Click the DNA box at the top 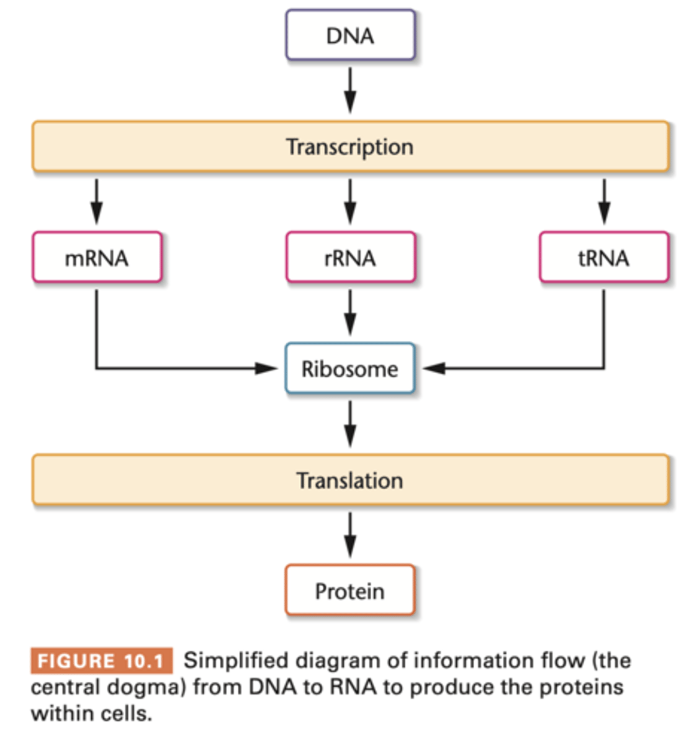pos(350,35)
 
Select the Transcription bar pos(350,147)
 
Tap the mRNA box pos(97,258)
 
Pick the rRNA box pos(350,258)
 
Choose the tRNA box pos(604,258)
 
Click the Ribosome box pos(350,369)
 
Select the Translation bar pos(350,480)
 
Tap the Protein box pos(350,590)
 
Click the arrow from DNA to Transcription pos(350,90)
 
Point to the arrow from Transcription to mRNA pos(96,202)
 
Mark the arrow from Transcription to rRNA pos(350,202)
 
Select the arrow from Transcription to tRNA pos(604,202)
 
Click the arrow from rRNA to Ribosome pos(350,312)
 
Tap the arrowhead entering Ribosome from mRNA pos(267,369)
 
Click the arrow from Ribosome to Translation pos(350,424)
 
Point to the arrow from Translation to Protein pos(350,535)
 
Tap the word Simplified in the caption pos(236,661)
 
